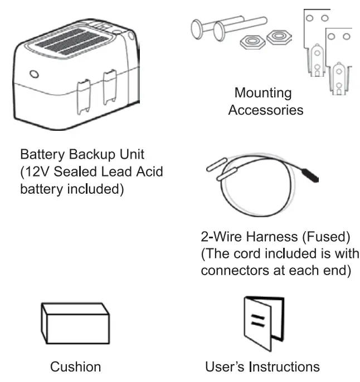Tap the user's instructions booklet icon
point(260,322)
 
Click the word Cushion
point(76,366)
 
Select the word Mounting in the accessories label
point(262,92)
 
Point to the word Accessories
point(266,110)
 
